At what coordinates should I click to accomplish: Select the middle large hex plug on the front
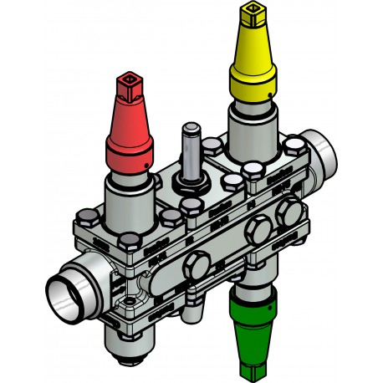click(x=259, y=227)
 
